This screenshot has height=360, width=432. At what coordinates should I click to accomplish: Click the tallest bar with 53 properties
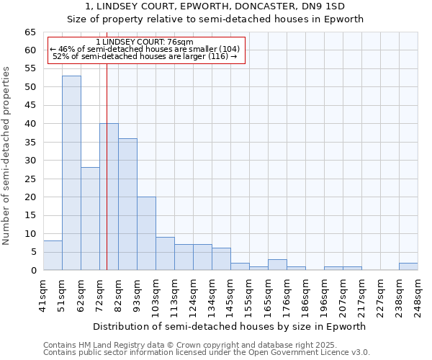tap(71, 173)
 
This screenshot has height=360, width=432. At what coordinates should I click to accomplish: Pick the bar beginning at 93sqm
tap(146, 233)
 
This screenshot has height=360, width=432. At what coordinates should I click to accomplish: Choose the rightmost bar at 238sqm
tap(408, 266)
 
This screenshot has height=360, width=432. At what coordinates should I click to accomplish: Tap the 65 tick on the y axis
tap(30, 32)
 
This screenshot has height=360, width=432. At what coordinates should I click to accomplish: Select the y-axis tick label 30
tap(30, 161)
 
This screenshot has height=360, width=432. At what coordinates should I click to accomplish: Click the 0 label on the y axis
tap(33, 271)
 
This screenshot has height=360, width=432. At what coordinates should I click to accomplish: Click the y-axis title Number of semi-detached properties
tap(7, 156)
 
